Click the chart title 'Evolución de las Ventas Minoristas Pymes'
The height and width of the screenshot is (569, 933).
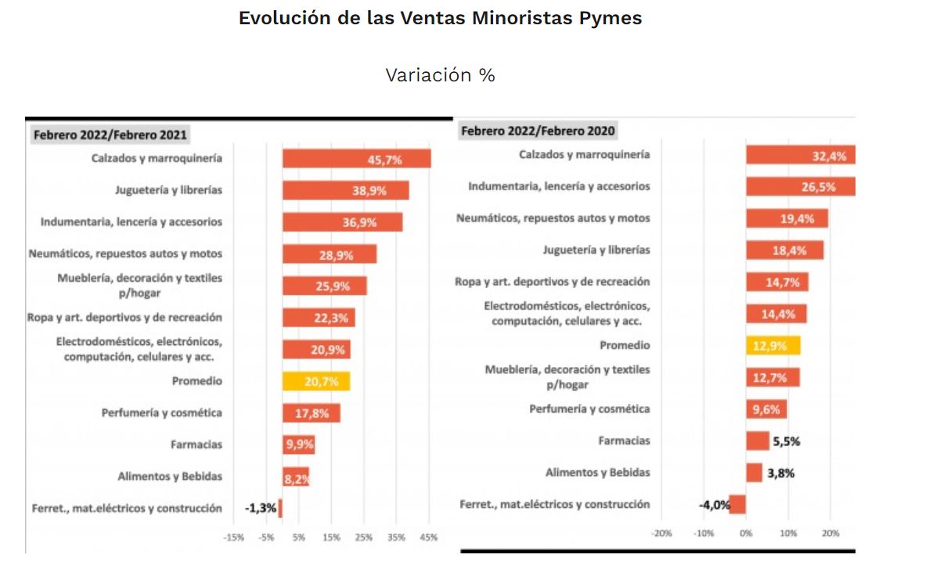pyautogui.click(x=440, y=18)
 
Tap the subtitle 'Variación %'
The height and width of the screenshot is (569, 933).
pyautogui.click(x=440, y=75)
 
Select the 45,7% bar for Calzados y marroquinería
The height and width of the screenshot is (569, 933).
pyautogui.click(x=356, y=159)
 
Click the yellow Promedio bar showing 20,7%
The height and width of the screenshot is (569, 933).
pyautogui.click(x=316, y=381)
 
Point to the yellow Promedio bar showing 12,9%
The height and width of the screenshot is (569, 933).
pyautogui.click(x=773, y=345)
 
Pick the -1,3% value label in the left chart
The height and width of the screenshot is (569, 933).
pyautogui.click(x=261, y=508)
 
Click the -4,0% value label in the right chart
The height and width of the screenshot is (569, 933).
pyautogui.click(x=714, y=504)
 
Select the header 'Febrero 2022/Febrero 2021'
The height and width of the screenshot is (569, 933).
pyautogui.click(x=110, y=135)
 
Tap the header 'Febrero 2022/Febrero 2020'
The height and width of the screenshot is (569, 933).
pyautogui.click(x=538, y=131)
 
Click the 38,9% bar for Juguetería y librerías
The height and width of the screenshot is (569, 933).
pyautogui.click(x=345, y=190)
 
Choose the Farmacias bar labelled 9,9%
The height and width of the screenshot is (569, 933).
pyautogui.click(x=299, y=445)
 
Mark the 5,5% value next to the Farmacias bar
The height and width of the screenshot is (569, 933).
pyautogui.click(x=786, y=441)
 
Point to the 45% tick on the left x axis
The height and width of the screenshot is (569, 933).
pyautogui.click(x=428, y=538)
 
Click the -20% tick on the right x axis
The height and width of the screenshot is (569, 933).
pyautogui.click(x=661, y=533)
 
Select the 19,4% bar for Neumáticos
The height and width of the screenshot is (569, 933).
pyautogui.click(x=787, y=218)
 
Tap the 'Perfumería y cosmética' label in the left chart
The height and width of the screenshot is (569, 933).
pyautogui.click(x=162, y=412)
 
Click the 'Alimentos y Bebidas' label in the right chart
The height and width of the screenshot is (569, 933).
pyautogui.click(x=597, y=472)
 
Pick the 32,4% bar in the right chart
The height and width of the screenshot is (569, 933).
pyautogui.click(x=800, y=155)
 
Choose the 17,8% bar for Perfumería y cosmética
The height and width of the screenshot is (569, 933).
pyautogui.click(x=312, y=413)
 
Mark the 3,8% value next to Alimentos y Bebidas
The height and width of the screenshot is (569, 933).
pyautogui.click(x=780, y=473)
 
